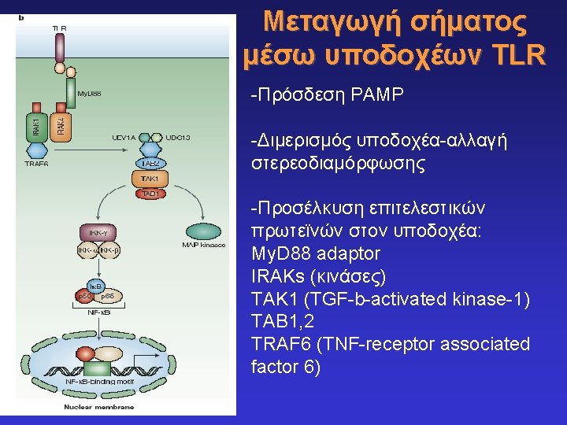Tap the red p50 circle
(82, 297)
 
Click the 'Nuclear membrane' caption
(98, 407)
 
